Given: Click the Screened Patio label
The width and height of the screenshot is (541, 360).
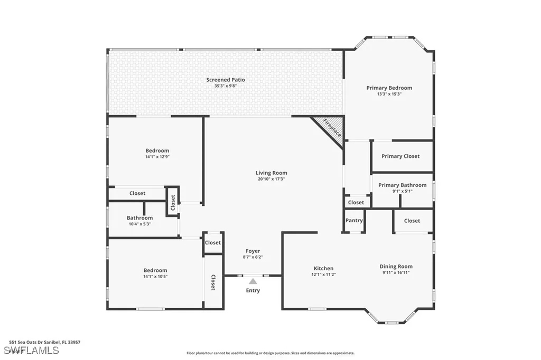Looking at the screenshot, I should pyautogui.click(x=226, y=80).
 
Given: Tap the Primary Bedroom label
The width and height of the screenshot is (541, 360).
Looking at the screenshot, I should pyautogui.click(x=389, y=88).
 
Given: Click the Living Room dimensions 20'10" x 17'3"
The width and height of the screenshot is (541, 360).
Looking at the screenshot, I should pyautogui.click(x=272, y=179).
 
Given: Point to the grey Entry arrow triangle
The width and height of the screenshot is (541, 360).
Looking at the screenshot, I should pyautogui.click(x=253, y=281).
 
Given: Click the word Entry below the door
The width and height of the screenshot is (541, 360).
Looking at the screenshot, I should pyautogui.click(x=253, y=290).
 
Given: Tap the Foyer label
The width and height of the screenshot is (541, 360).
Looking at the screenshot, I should pyautogui.click(x=253, y=251).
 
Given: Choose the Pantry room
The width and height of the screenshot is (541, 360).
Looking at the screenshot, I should pyautogui.click(x=353, y=221).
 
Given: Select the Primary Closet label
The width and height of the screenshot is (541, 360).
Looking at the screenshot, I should pyautogui.click(x=400, y=156).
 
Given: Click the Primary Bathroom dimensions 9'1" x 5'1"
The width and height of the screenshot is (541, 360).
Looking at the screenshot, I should pyautogui.click(x=402, y=191).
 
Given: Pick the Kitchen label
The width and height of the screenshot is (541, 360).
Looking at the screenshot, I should pyautogui.click(x=324, y=268).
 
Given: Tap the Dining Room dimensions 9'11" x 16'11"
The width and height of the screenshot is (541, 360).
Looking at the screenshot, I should pyautogui.click(x=396, y=273).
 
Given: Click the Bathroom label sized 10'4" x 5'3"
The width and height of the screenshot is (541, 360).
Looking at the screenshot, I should pyautogui.click(x=139, y=218).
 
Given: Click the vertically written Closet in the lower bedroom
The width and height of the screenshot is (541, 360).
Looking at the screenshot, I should pyautogui.click(x=213, y=282).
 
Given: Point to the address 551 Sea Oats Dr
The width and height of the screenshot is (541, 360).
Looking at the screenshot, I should pyautogui.click(x=45, y=342).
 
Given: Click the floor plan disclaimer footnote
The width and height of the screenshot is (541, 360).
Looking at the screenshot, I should pyautogui.click(x=270, y=353).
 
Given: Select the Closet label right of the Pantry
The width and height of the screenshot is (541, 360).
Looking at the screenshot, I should pyautogui.click(x=412, y=221).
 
